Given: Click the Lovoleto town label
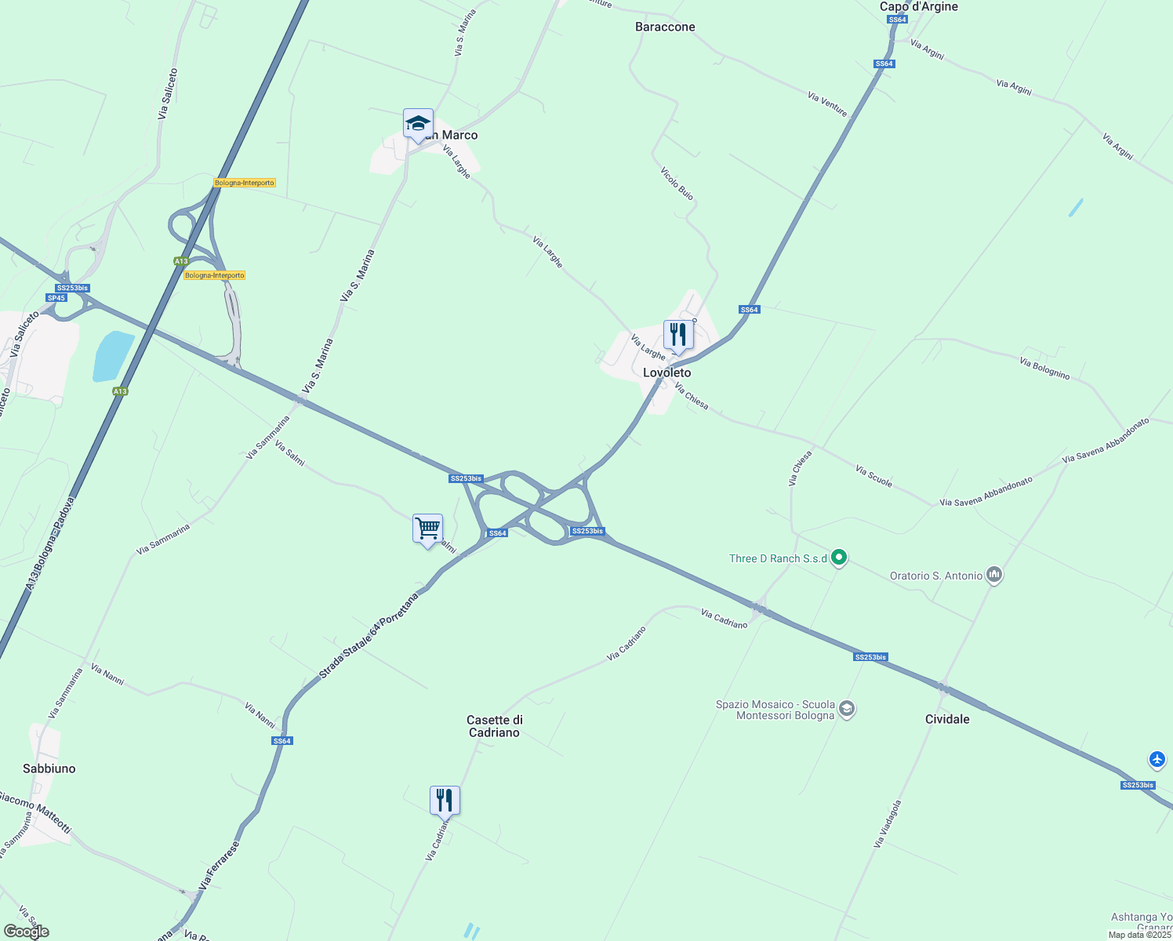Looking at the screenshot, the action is pyautogui.click(x=666, y=372).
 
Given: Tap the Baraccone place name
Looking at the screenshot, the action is pyautogui.click(x=665, y=27).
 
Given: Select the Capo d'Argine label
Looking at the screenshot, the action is pyautogui.click(x=918, y=6).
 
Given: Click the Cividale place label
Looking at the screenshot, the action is pyautogui.click(x=947, y=719).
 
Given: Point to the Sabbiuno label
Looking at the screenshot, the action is pyautogui.click(x=49, y=768).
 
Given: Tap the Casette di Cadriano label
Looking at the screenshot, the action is pyautogui.click(x=494, y=726).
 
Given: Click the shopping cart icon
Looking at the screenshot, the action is pyautogui.click(x=427, y=529).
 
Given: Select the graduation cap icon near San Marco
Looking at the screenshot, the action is pyautogui.click(x=418, y=123).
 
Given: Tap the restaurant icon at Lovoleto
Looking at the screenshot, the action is pyautogui.click(x=678, y=335).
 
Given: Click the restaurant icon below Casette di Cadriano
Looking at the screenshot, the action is pyautogui.click(x=445, y=801).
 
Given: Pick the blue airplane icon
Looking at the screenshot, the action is pyautogui.click(x=1157, y=759).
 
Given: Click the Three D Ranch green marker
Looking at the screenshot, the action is pyautogui.click(x=839, y=558).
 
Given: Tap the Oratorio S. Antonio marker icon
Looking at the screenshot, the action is pyautogui.click(x=994, y=575).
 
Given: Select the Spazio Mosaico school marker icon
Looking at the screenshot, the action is pyautogui.click(x=846, y=709).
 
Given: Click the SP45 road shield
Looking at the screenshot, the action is pyautogui.click(x=56, y=298).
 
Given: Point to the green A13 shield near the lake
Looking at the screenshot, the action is pyautogui.click(x=120, y=391).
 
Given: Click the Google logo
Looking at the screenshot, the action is pyautogui.click(x=26, y=932).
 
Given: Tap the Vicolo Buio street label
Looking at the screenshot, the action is pyautogui.click(x=677, y=183).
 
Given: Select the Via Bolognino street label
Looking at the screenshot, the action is pyautogui.click(x=1044, y=367).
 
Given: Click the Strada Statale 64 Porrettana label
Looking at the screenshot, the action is pyautogui.click(x=369, y=635).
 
